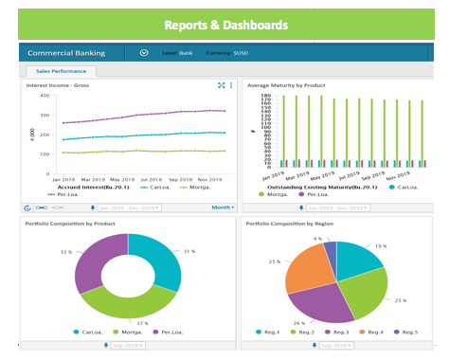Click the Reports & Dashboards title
[x=224, y=25]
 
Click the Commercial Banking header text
[x=65, y=53]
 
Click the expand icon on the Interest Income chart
[x=221, y=85]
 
